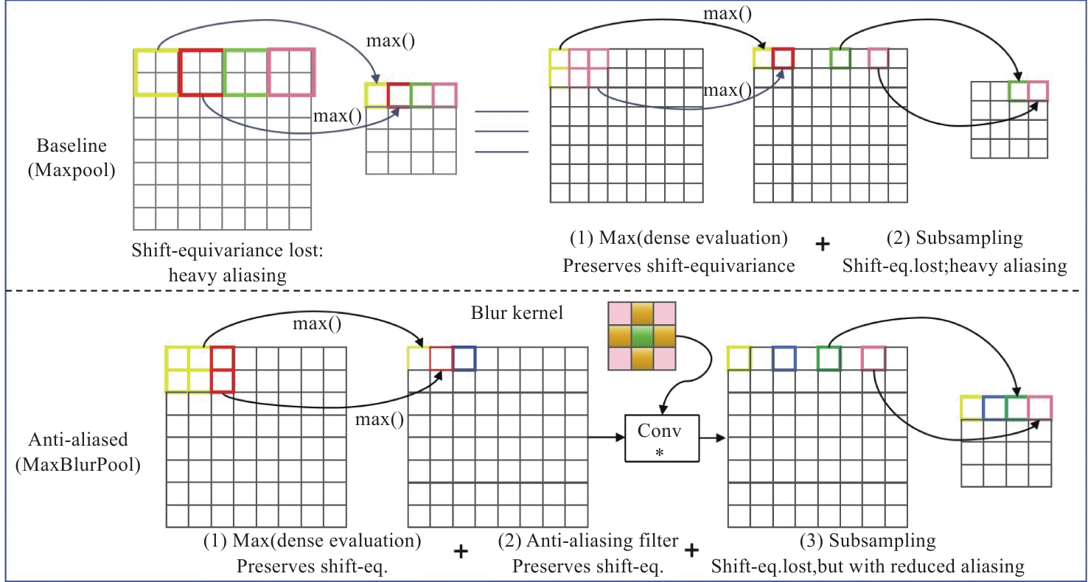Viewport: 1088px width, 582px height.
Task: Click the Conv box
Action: tap(661, 438)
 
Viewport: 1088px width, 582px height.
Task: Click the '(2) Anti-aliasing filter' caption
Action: tap(588, 541)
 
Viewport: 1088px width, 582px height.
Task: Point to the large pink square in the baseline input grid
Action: tap(291, 72)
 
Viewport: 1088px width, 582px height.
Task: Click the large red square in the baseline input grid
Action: tap(200, 72)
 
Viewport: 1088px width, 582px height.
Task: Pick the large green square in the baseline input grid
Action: tap(245, 72)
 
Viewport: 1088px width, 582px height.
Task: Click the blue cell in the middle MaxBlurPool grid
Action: tap(464, 358)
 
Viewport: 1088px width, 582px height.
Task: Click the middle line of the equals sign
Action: tap(501, 132)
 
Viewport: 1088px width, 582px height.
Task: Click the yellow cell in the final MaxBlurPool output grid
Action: tap(972, 408)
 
